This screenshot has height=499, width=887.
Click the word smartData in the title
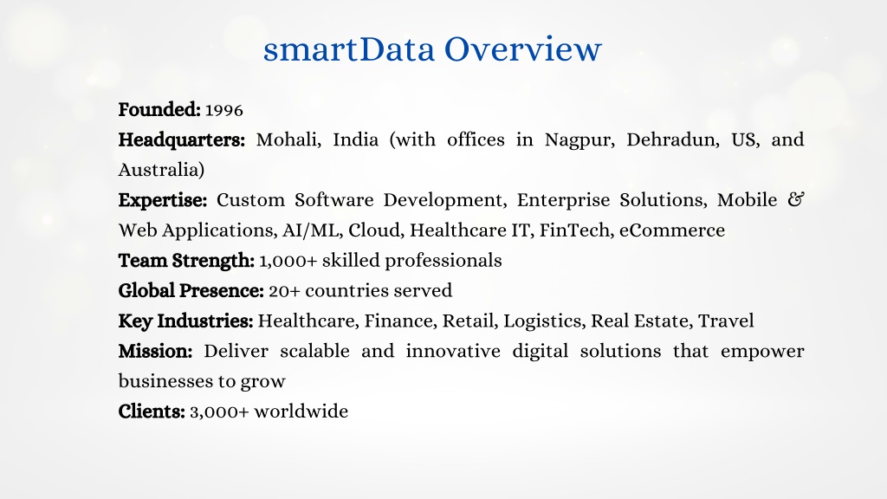349,49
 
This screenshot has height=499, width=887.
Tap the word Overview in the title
523,49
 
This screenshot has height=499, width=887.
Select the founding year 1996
224,110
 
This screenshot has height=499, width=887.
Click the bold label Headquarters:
182,140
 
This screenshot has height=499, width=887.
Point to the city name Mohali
288,140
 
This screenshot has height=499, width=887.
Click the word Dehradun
673,140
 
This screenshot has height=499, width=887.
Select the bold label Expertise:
163,201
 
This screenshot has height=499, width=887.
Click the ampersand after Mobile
795,200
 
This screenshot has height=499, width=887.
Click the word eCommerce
672,230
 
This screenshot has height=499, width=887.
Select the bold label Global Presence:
191,291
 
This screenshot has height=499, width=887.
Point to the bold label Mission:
156,352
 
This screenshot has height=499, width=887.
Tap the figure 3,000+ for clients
219,412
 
